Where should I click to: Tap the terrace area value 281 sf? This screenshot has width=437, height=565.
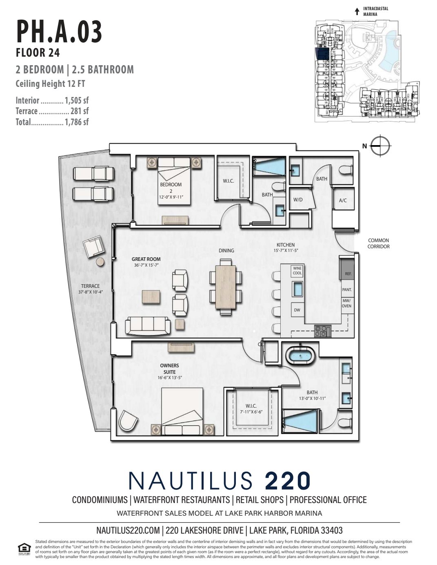point(77,111)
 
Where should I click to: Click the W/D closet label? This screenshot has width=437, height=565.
point(298,200)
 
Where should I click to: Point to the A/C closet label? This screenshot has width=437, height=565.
point(343,200)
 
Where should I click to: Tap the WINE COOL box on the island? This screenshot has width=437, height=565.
point(297,271)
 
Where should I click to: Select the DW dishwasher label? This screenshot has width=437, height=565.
point(297,310)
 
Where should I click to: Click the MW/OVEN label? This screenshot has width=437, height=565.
point(347,303)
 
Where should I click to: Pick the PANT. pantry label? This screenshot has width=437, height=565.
point(347,289)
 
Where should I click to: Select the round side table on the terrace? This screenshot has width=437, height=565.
point(100,262)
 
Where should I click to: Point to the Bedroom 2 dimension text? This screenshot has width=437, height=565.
point(171,197)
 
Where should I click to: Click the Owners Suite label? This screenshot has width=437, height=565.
point(169,369)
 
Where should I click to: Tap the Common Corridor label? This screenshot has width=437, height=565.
point(378,243)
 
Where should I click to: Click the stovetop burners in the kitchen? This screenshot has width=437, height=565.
point(323,331)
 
